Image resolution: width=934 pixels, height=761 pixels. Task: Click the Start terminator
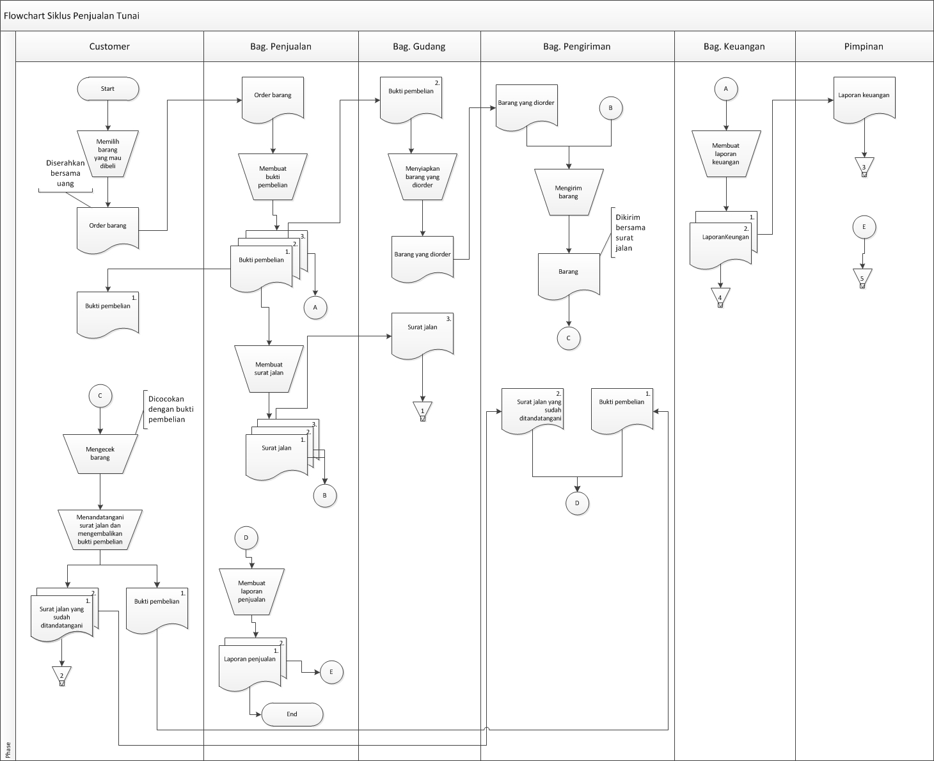(108, 89)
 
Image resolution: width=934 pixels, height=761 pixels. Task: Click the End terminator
(292, 714)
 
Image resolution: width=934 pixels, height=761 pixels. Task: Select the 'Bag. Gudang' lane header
(419, 47)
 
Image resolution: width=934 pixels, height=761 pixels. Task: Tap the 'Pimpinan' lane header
(864, 47)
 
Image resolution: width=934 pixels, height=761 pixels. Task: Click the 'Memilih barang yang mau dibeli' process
(108, 154)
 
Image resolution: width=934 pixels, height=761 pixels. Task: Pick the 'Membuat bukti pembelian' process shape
(273, 177)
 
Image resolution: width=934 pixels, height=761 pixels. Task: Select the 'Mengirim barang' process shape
(569, 192)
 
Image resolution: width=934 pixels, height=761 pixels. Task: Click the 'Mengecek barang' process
(100, 453)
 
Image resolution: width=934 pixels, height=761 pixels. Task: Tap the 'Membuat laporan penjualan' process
(251, 592)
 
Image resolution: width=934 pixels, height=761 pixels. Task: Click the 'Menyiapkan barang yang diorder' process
(422, 177)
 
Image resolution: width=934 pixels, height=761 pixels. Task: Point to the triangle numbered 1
(423, 411)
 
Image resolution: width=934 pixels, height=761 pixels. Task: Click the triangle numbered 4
(720, 297)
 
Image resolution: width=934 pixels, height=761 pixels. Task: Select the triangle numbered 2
(62, 676)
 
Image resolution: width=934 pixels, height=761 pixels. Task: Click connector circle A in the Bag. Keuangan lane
(725, 89)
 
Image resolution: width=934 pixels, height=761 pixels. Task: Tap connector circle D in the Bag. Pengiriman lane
(577, 503)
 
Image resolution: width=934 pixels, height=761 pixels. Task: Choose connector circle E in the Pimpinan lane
(864, 227)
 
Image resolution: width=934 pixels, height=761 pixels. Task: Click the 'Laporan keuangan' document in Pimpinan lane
(864, 100)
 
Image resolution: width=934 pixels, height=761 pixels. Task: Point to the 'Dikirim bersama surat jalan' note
(629, 233)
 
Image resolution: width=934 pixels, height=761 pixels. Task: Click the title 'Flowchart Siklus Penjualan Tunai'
(72, 16)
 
